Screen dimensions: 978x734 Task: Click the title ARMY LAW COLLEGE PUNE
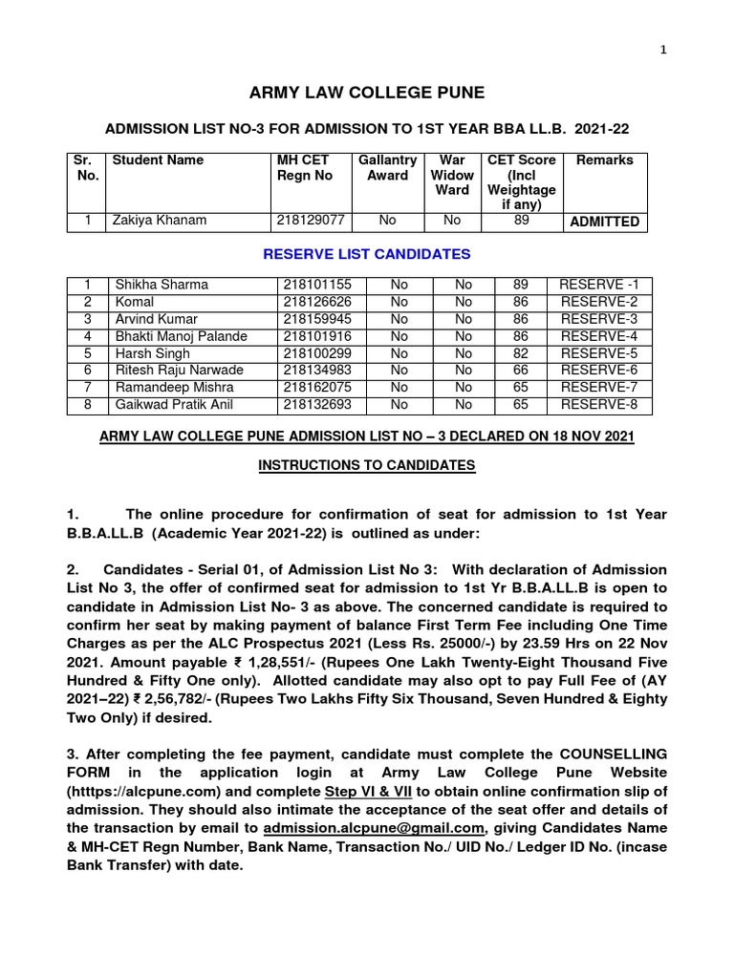click(x=367, y=93)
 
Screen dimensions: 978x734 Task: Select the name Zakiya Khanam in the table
click(x=158, y=222)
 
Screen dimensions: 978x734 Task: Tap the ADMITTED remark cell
click(x=604, y=223)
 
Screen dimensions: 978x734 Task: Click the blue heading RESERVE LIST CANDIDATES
click(x=367, y=254)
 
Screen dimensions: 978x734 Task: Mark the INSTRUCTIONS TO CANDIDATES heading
click(x=367, y=464)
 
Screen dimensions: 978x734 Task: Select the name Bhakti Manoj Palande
click(x=181, y=336)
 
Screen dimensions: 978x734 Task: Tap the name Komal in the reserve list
click(x=134, y=302)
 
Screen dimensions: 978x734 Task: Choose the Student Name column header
click(x=158, y=160)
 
